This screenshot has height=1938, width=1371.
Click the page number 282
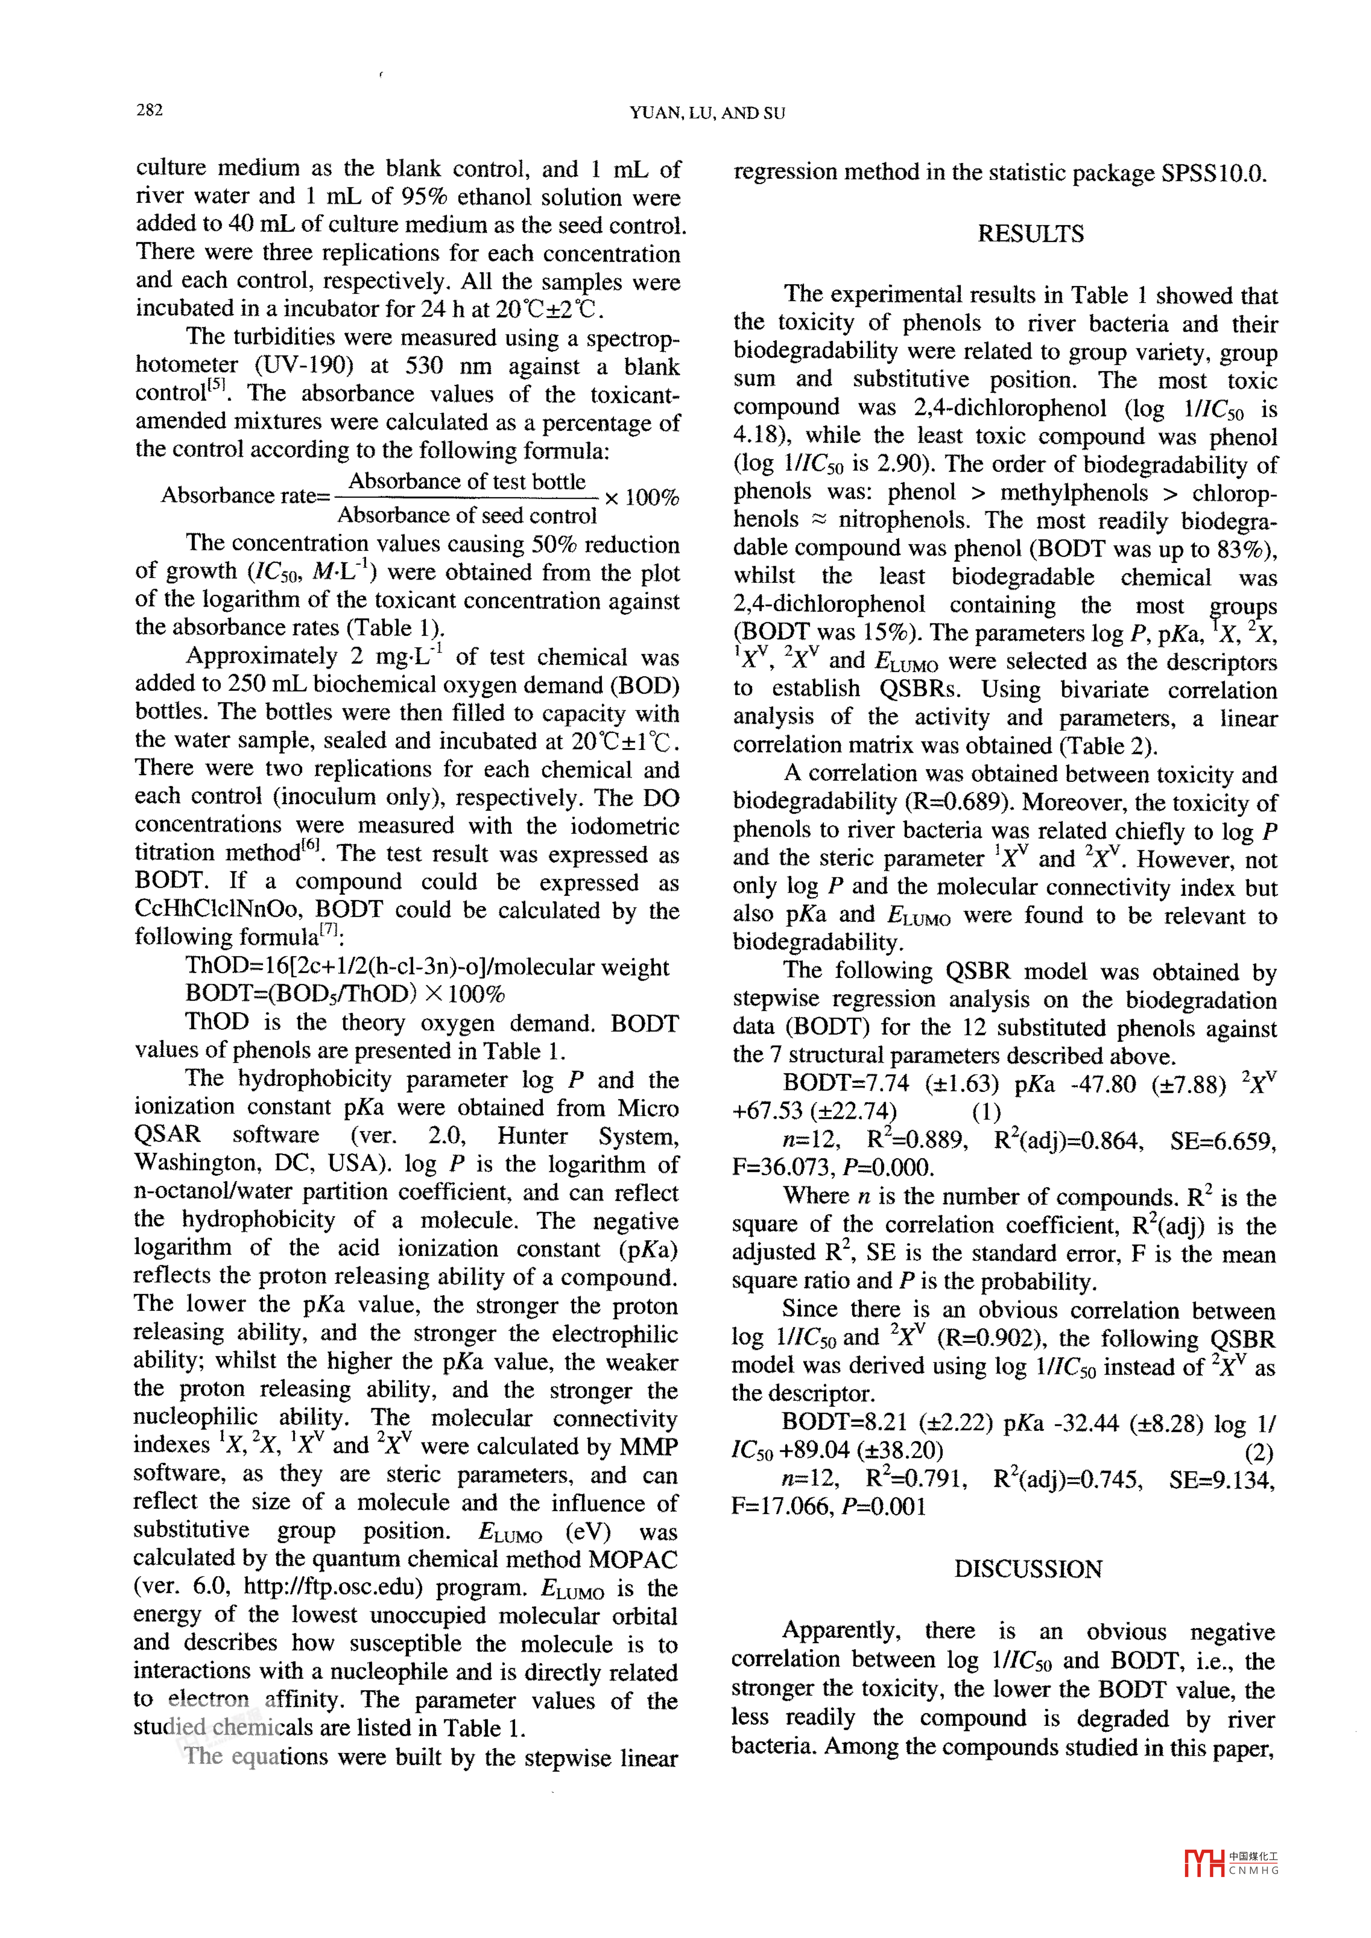click(149, 110)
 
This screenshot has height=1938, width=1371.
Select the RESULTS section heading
click(1030, 234)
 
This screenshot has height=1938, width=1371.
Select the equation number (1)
click(986, 1112)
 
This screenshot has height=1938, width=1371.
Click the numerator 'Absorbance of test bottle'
click(467, 481)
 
